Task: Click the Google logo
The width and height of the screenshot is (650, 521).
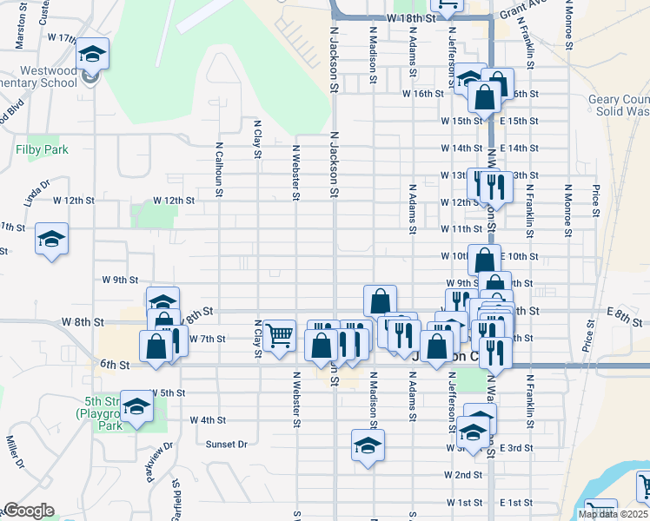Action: pos(28,511)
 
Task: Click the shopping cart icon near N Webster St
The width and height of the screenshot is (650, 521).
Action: pos(278,334)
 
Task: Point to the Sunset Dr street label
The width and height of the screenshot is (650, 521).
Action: pos(227,444)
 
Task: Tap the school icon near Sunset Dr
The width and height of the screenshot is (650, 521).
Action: pos(368,446)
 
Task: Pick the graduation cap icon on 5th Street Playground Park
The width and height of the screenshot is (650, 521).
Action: pos(136,406)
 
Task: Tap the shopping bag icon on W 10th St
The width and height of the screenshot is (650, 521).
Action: pos(484,260)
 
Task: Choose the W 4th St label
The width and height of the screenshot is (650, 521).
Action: pos(209,419)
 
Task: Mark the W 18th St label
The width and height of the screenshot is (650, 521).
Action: pos(411,18)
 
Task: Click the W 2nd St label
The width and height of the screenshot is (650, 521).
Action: pos(462,475)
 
